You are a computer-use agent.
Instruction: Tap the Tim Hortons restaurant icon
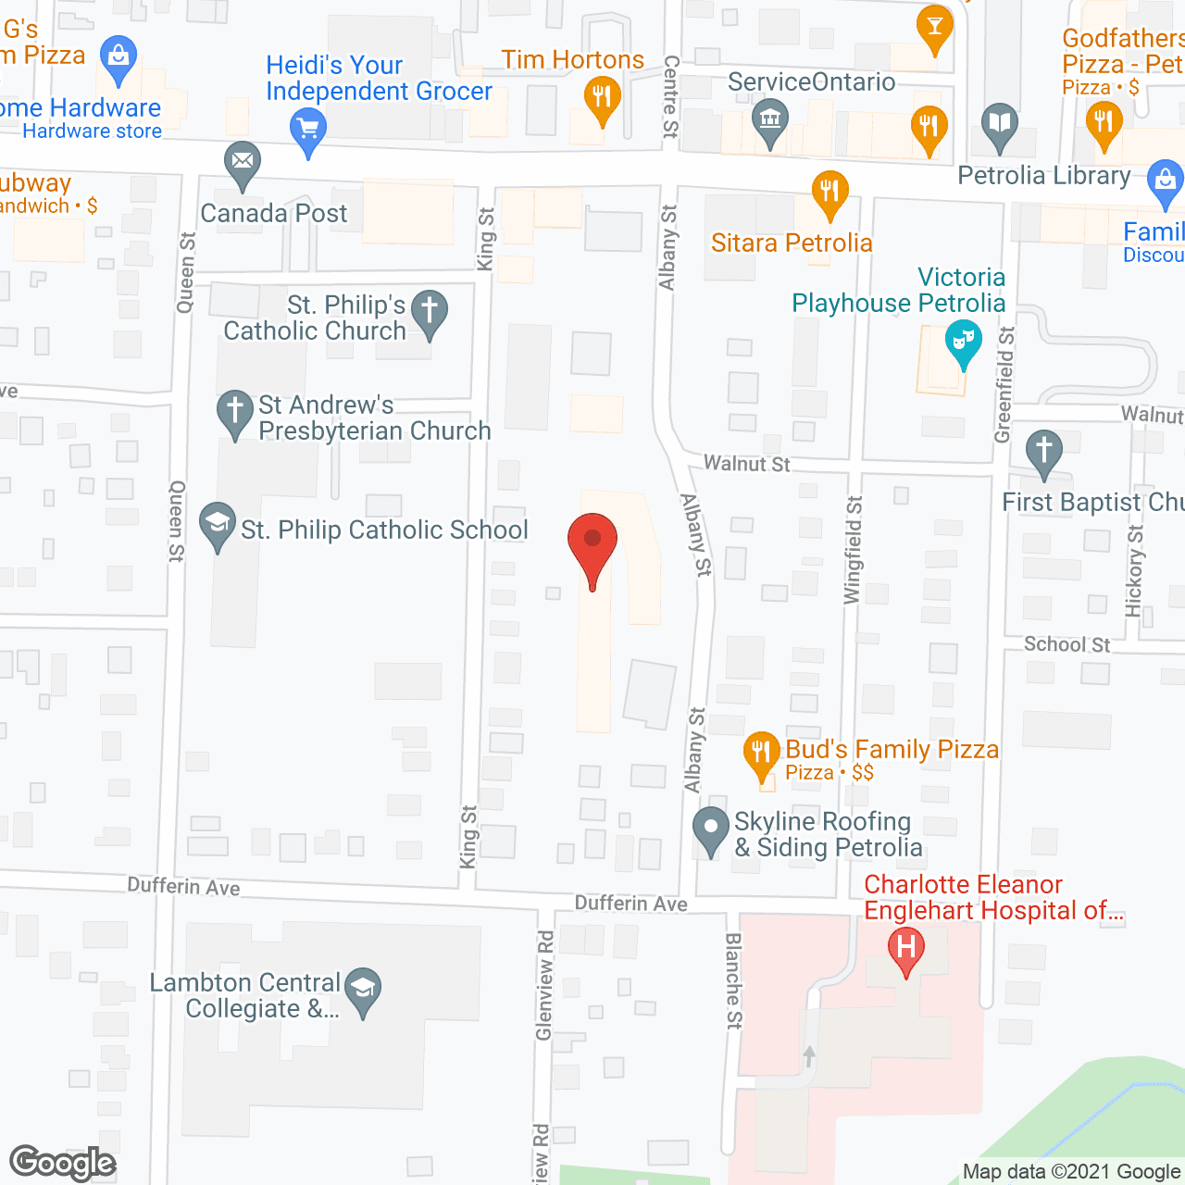click(x=603, y=97)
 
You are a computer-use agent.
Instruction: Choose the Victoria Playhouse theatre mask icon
click(x=964, y=343)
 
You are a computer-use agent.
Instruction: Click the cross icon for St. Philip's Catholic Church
click(x=430, y=312)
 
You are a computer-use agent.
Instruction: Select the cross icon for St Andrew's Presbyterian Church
click(x=235, y=412)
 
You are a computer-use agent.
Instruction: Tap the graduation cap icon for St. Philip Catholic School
click(x=218, y=524)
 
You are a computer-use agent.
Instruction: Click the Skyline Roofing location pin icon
click(x=711, y=828)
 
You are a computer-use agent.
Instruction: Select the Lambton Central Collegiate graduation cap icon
click(x=363, y=991)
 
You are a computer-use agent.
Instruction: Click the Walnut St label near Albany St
click(x=747, y=464)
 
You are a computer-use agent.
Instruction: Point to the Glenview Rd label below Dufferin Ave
click(x=544, y=985)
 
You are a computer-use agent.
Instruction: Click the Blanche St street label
click(x=733, y=980)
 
